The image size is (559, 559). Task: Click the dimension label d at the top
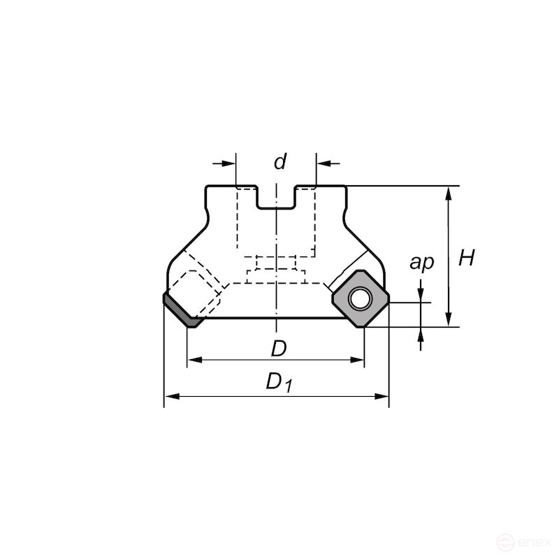(279, 162)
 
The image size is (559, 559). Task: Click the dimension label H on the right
(466, 259)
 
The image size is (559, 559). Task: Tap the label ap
(421, 262)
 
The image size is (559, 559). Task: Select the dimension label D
(279, 347)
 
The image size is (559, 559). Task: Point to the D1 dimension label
(278, 382)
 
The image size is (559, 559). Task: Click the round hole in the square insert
(361, 299)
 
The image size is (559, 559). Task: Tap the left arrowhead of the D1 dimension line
(170, 397)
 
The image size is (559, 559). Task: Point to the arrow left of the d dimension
(229, 163)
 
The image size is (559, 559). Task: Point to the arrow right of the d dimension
(324, 163)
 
